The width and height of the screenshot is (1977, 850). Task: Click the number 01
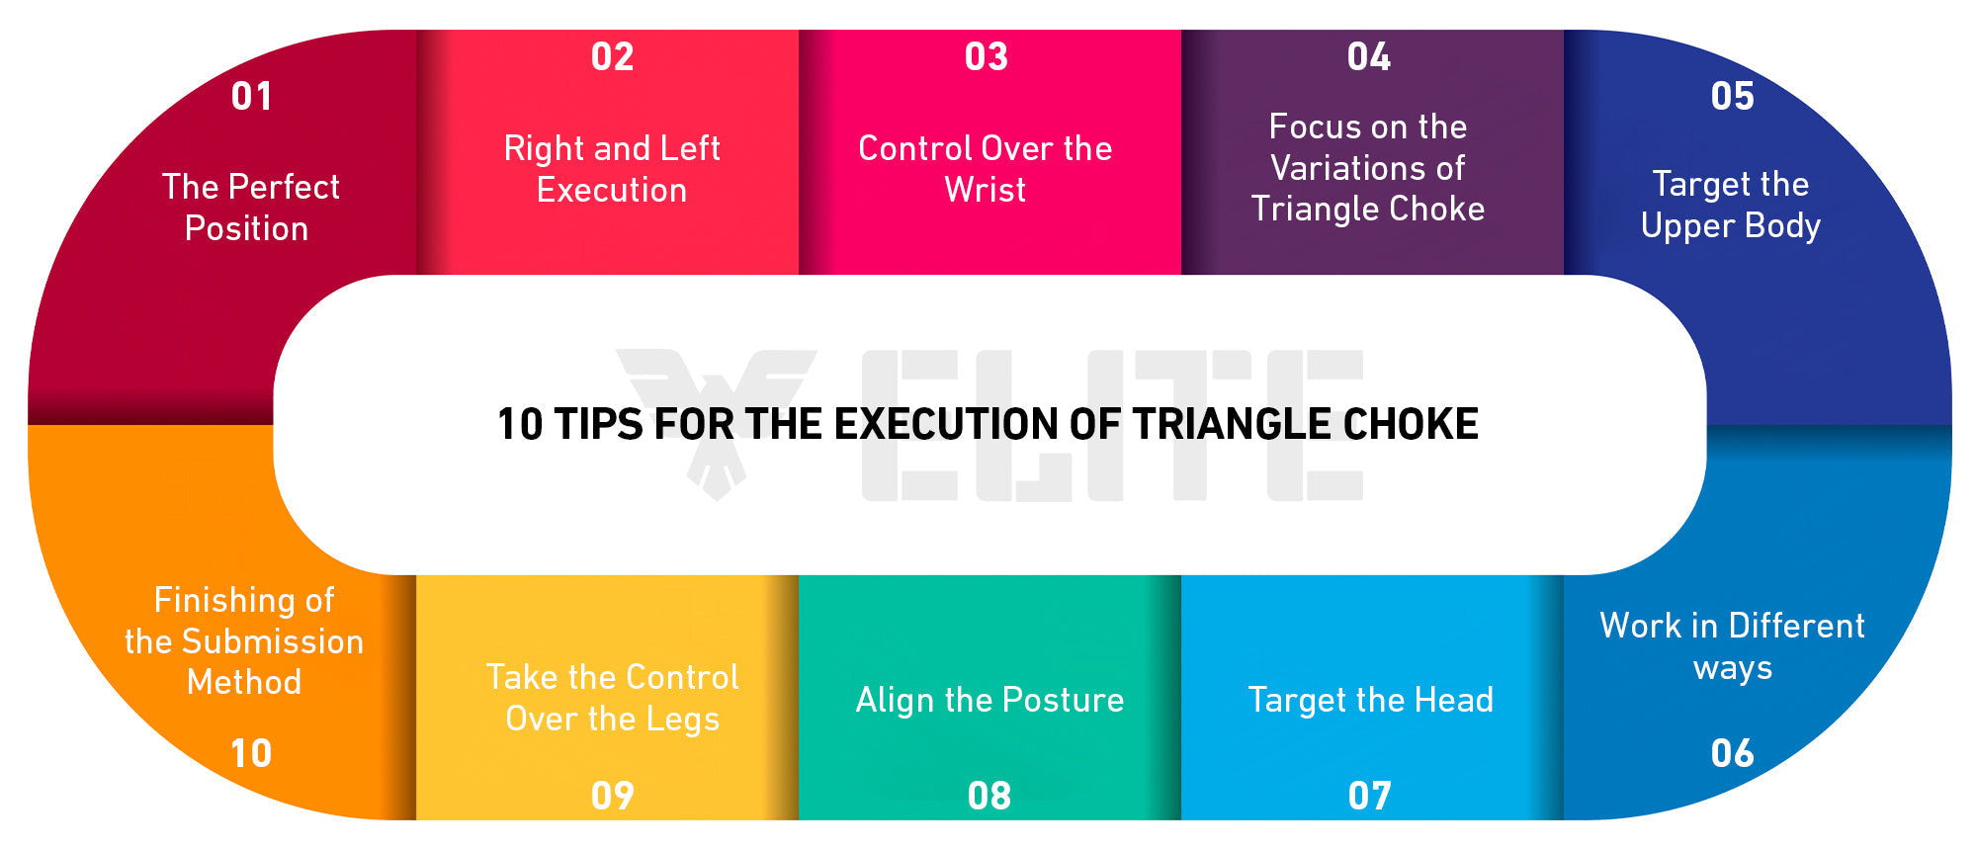[x=251, y=96]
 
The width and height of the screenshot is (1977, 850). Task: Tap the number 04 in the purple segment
[x=1368, y=56]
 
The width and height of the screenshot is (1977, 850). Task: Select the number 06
[x=1732, y=753]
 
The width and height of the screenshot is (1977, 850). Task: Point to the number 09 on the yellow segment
[x=612, y=796]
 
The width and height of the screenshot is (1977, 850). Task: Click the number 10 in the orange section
[x=251, y=753]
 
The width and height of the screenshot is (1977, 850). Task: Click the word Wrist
[x=985, y=189]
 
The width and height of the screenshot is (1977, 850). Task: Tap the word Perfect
[x=284, y=187]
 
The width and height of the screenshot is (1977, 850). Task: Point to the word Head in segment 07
[x=1453, y=700]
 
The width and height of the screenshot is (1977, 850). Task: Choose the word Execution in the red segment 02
[x=612, y=190]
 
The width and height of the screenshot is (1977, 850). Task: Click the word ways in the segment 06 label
[x=1732, y=668]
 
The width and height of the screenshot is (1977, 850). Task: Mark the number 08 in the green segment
[x=988, y=796]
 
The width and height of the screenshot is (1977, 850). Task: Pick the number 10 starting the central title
[x=520, y=424]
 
